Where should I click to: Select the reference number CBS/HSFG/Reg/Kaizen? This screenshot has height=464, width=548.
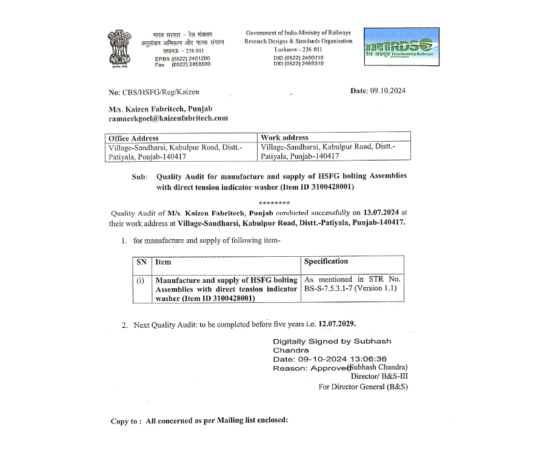(152, 92)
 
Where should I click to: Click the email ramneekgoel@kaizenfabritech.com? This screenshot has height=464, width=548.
(168, 118)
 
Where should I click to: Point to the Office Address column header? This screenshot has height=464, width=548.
(133, 138)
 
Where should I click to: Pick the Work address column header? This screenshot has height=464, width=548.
(284, 138)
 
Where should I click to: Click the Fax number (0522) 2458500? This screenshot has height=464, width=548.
(191, 64)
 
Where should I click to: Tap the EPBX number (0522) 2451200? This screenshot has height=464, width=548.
(191, 58)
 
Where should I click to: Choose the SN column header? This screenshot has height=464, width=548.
(141, 262)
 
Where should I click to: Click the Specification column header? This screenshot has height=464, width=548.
(326, 262)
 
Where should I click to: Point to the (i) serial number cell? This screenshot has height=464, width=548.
(141, 280)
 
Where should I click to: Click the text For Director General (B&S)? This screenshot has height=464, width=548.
(363, 386)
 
